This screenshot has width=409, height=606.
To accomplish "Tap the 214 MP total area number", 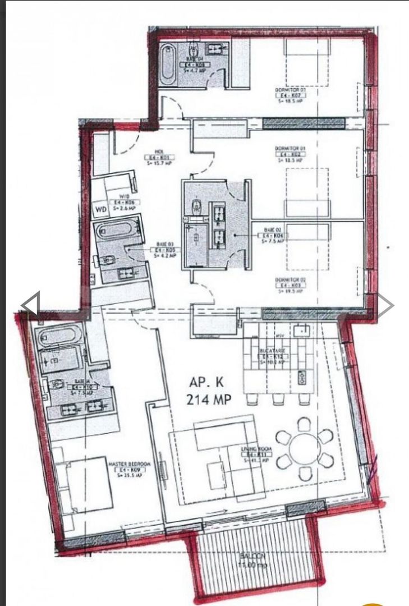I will click(x=209, y=400).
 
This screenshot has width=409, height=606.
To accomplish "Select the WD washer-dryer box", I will click(x=100, y=210).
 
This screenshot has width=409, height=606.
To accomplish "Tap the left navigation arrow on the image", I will click(x=30, y=305).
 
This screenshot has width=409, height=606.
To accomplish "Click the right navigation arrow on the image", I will click(x=386, y=305).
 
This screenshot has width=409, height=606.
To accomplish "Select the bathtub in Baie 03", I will click(x=117, y=230).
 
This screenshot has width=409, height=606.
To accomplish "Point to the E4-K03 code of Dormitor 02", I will click(x=289, y=286).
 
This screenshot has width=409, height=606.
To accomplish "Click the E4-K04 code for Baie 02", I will click(x=274, y=236).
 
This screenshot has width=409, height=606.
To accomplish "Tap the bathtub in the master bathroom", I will click(x=57, y=337).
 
